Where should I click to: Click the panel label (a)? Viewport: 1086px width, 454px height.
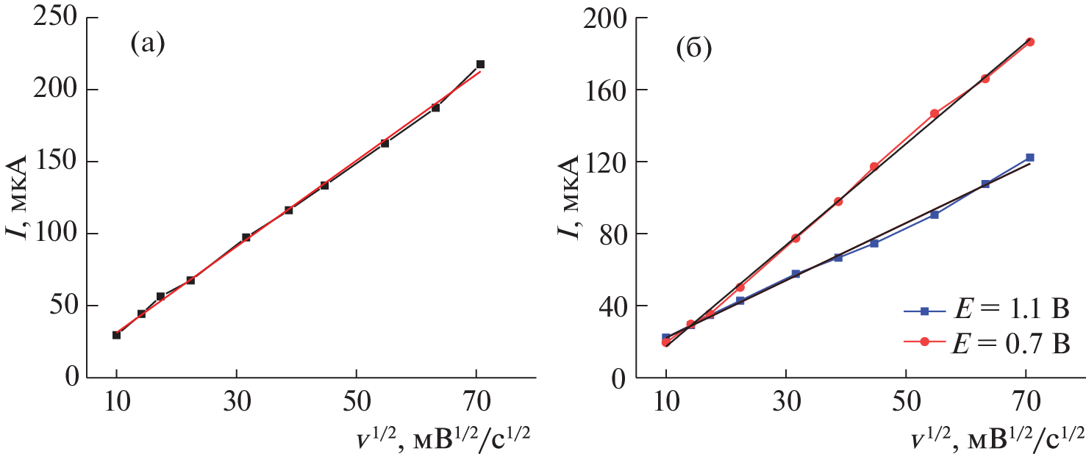click(x=148, y=46)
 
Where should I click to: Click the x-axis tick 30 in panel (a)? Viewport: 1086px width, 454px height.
click(x=236, y=398)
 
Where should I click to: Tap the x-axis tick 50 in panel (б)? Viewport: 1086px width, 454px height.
click(x=906, y=399)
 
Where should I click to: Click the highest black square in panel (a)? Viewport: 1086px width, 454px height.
click(x=480, y=65)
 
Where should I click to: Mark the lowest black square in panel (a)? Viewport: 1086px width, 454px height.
click(x=116, y=335)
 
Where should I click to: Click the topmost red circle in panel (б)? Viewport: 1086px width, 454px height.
click(x=1030, y=42)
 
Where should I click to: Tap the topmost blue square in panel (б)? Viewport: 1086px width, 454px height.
click(x=1030, y=157)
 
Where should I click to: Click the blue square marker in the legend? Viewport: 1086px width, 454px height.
click(x=925, y=311)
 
